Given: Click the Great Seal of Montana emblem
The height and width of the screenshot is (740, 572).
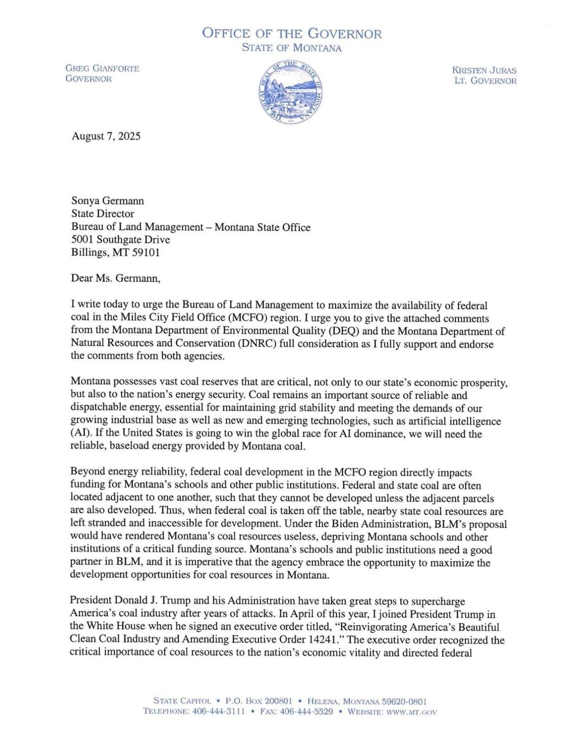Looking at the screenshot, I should pos(291,91).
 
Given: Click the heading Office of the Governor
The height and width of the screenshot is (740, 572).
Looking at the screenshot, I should pos(292,34).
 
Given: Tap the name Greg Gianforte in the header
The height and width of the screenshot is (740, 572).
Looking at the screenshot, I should pos(102,69).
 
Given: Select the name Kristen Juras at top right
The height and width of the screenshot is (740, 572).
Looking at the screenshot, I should pos(484,70).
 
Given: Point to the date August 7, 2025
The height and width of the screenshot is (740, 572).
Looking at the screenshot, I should pos(106,136).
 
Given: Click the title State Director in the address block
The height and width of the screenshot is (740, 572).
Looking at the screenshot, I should pos(102,214).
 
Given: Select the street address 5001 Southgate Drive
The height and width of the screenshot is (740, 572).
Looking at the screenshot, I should pos(120,240).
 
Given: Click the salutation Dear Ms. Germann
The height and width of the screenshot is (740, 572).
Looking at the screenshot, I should pos(116,279).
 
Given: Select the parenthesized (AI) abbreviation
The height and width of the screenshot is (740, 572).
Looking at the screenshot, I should pos(79,434).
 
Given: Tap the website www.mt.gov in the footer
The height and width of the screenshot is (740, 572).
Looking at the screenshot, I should pos(412,712).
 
